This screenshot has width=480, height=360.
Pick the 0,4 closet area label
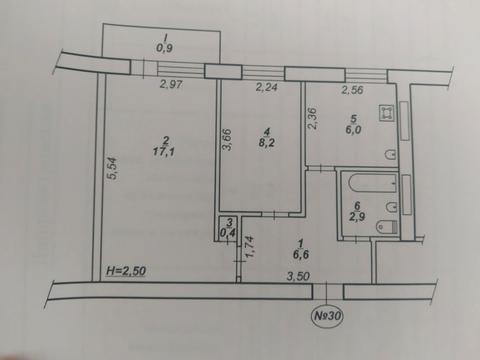pos(229,236)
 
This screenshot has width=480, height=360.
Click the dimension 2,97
pos(169,87)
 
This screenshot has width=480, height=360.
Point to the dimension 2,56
pos(354,91)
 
